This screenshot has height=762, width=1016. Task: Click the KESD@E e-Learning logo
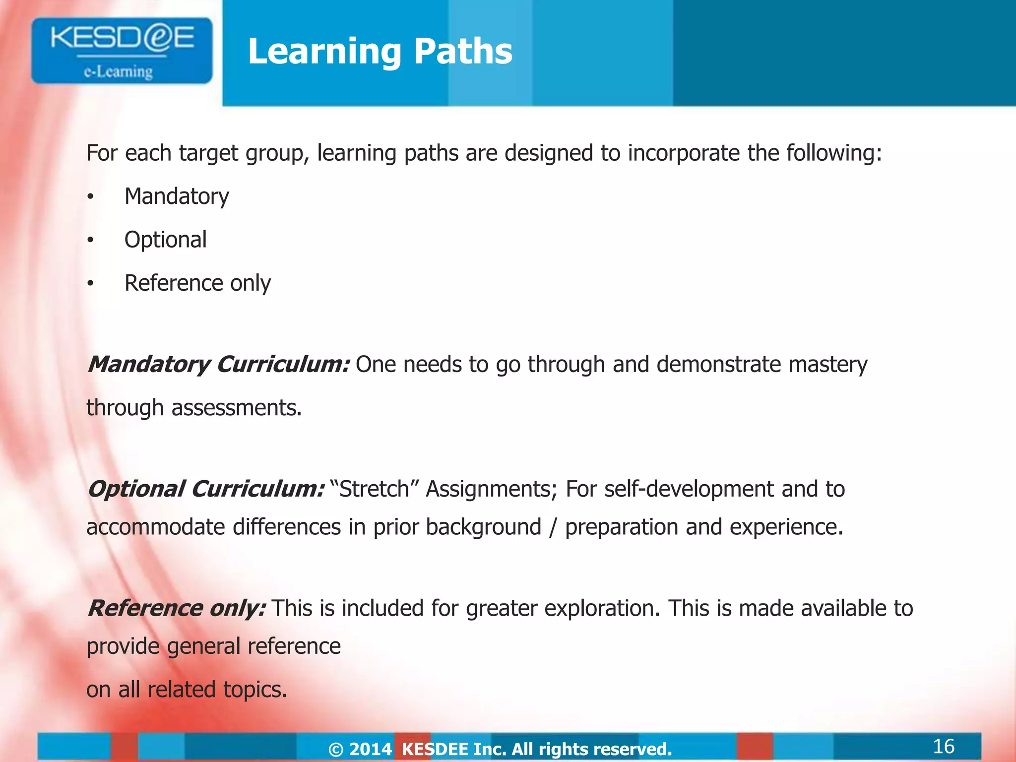pos(122,51)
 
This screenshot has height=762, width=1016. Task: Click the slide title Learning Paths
pos(380,51)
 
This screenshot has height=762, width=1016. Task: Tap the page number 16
pos(943,746)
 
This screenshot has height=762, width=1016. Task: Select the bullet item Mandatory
pos(177,196)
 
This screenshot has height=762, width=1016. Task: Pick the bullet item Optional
pos(165,240)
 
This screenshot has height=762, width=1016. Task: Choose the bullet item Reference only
pos(197,283)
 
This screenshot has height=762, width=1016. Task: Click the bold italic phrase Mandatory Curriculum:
pos(219,365)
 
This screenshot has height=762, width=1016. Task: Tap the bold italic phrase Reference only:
pos(177,608)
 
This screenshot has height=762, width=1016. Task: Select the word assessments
pos(236,408)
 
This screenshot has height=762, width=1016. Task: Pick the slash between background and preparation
pos(553,527)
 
